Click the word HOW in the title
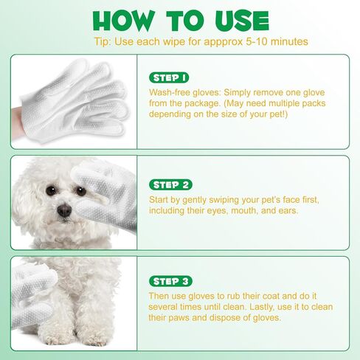pyautogui.click(x=130, y=21)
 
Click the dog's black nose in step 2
pyautogui.click(x=64, y=210)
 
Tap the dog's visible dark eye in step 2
pyautogui.click(x=51, y=190)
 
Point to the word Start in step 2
pyautogui.click(x=161, y=200)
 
